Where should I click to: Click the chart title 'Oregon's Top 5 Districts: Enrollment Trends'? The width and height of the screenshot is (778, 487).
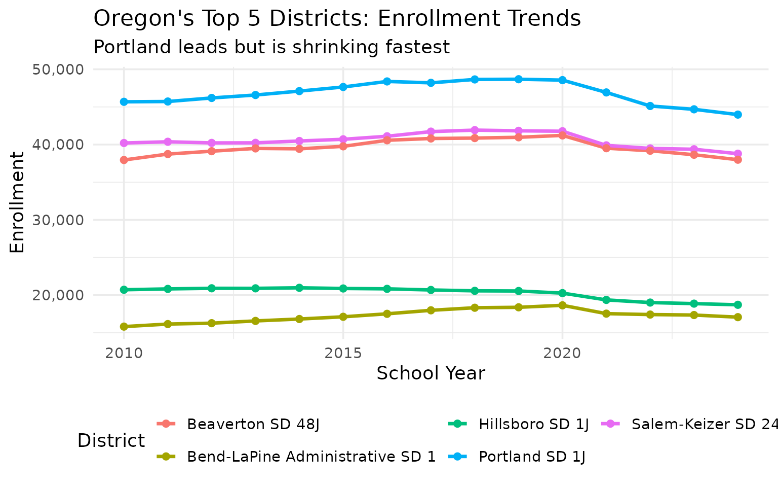click(337, 19)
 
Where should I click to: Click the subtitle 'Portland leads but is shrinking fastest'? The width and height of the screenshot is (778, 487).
click(271, 47)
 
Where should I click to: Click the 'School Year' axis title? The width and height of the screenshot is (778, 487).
click(431, 373)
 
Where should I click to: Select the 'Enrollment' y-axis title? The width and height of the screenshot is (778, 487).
click(18, 201)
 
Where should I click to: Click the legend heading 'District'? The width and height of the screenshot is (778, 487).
click(111, 440)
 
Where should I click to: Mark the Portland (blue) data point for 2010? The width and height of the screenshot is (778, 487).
click(124, 102)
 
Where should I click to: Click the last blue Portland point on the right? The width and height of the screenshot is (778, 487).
click(737, 115)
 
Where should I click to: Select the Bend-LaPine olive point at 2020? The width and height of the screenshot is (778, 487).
click(562, 305)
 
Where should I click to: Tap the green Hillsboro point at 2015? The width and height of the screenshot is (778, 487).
click(343, 289)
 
